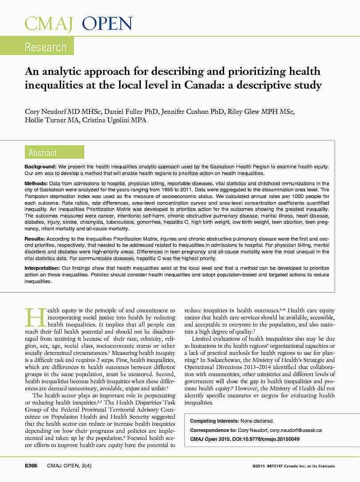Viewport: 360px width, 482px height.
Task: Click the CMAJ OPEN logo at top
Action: pyautogui.click(x=78, y=23)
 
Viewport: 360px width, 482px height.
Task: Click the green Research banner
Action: pyautogui.click(x=45, y=47)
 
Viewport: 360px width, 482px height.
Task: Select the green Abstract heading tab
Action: pyautogui.click(x=43, y=153)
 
